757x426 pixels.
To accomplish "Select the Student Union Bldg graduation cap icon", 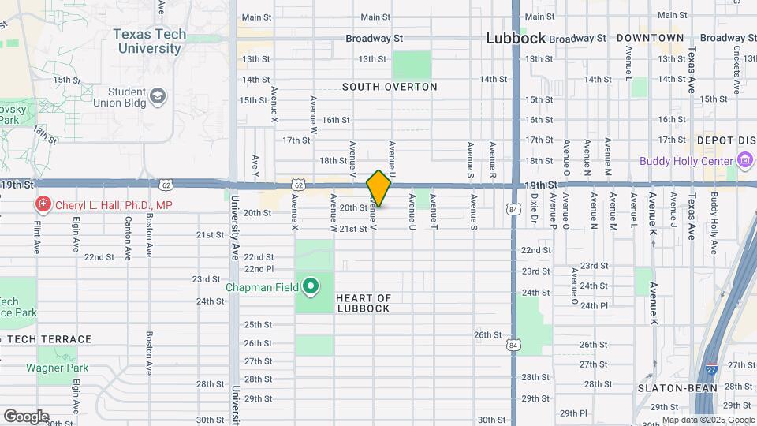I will [x=158, y=96].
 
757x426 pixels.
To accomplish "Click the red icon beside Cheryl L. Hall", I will [x=41, y=205].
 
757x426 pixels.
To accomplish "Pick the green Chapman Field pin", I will [x=311, y=286].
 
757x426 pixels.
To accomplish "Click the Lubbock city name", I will [x=516, y=38].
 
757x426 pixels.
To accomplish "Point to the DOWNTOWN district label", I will [x=650, y=38].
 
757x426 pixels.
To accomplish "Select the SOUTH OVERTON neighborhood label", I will [x=390, y=87].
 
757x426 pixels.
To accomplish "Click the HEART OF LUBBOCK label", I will [x=364, y=303].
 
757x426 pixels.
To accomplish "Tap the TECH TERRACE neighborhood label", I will [x=50, y=339].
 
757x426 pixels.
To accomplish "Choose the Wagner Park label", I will [x=57, y=368].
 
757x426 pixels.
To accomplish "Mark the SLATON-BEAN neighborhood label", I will [x=677, y=388].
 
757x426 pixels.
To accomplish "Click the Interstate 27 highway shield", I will [x=711, y=368].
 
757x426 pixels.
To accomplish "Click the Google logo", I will [x=25, y=416].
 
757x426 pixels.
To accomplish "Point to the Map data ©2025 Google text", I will [x=707, y=420].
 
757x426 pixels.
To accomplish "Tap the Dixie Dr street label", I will [x=534, y=211].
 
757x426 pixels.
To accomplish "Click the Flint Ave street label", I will [x=36, y=237].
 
